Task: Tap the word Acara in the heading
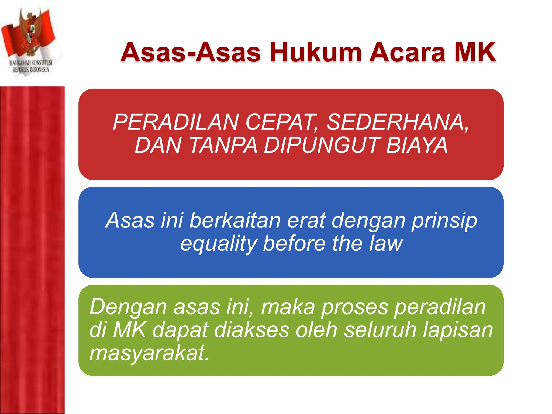pos(407,52)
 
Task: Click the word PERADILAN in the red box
pos(175,122)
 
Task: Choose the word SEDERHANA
pos(398,122)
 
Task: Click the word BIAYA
pos(417,145)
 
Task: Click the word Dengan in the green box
pos(128,307)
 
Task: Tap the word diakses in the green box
pos(252,330)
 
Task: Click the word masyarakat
pos(149,353)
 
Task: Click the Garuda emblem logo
pos(30,32)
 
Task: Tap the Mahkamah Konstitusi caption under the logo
pos(31,66)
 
